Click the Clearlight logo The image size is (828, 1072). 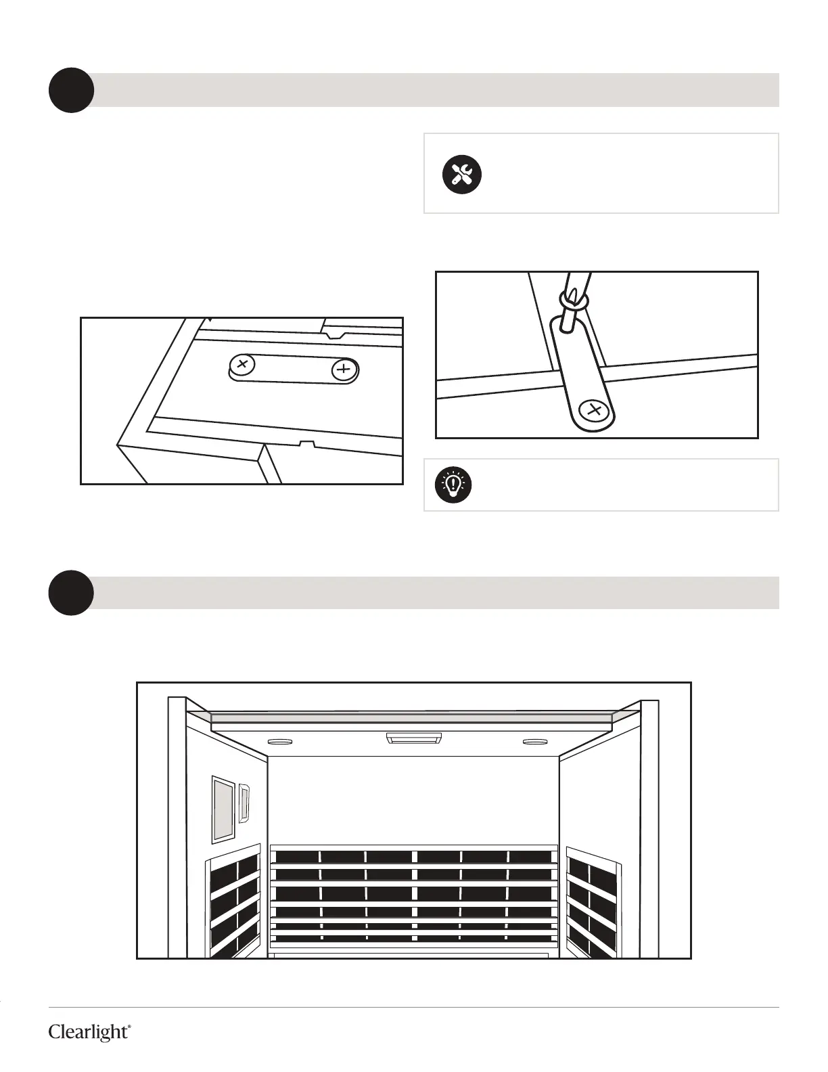(x=89, y=1032)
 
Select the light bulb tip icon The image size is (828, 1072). (x=453, y=485)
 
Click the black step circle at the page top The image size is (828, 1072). (x=71, y=90)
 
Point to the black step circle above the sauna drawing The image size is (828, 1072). (x=71, y=593)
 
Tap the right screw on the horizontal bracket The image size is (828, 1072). (x=344, y=370)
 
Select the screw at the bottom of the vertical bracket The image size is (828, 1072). (x=595, y=409)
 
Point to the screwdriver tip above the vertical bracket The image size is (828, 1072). (x=572, y=298)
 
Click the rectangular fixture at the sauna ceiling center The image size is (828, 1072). (x=413, y=737)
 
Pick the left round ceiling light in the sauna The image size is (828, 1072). (x=279, y=741)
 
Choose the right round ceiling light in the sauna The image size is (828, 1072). (x=536, y=741)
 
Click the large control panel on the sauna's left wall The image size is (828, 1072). (x=223, y=809)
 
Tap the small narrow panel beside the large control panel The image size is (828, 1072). (x=245, y=803)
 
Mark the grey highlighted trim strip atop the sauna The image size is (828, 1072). (x=413, y=716)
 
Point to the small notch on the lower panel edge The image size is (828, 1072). (x=308, y=445)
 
